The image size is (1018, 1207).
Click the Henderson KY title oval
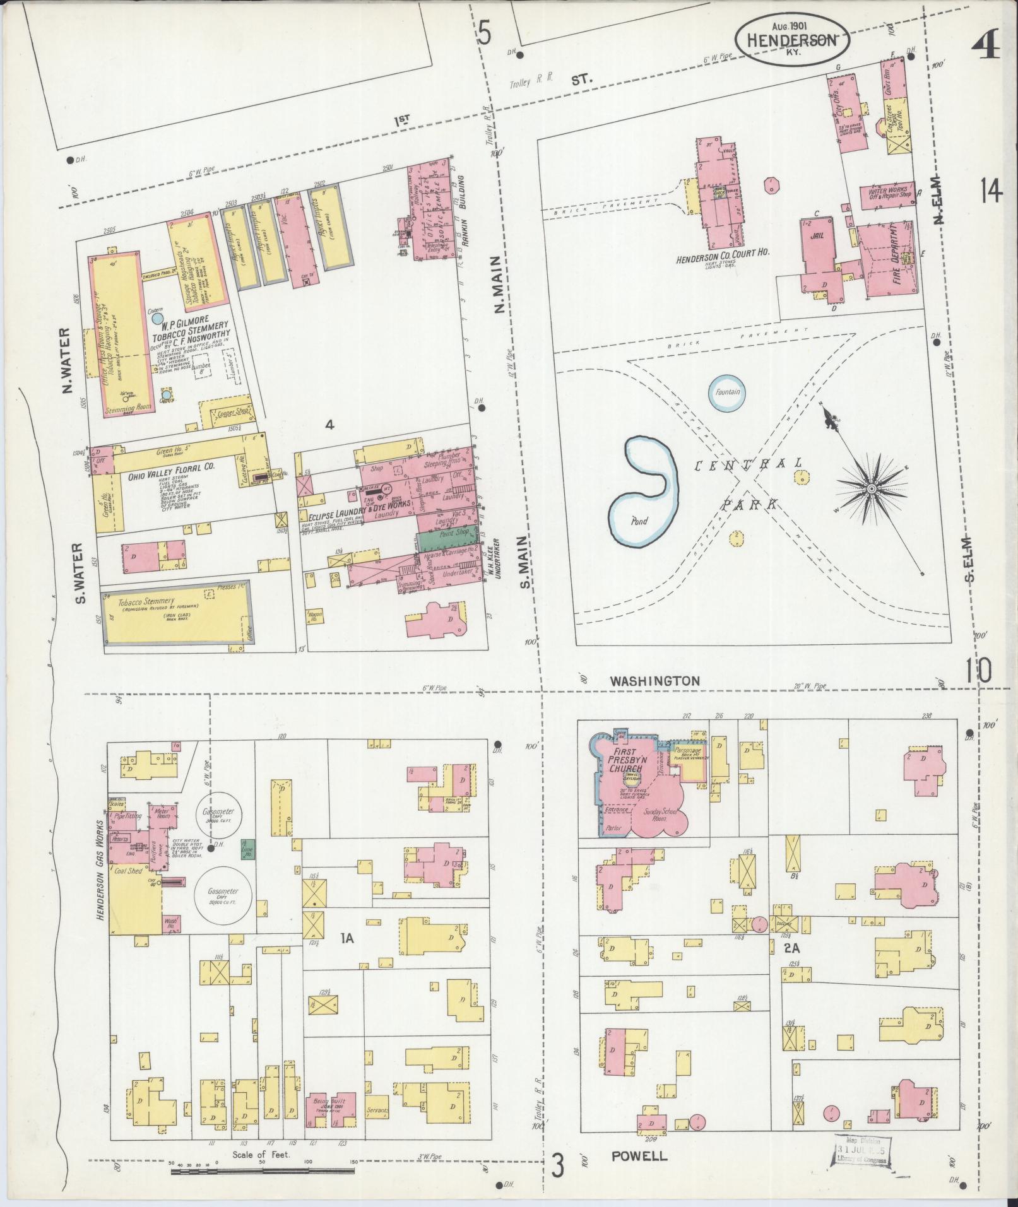pyautogui.click(x=792, y=39)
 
